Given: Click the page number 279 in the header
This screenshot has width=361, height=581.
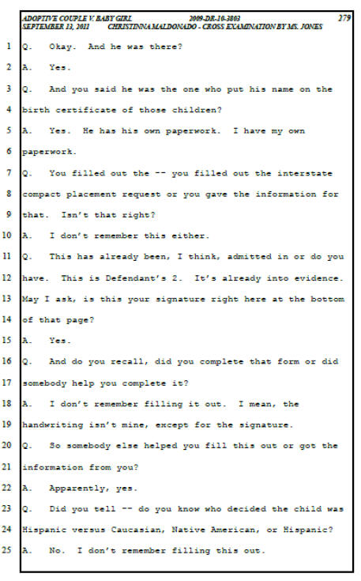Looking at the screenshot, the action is pos(344,18).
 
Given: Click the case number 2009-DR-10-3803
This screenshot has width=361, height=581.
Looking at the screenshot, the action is pos(214,18).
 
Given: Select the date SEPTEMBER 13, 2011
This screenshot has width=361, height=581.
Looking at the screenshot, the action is pos(55,27).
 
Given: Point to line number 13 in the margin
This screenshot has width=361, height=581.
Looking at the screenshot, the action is pos(7,299).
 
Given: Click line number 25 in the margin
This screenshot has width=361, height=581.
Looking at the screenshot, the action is pos(7,550).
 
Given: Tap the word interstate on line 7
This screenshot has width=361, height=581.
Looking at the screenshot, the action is pos(305,173).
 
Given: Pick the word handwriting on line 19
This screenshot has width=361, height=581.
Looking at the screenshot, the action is pos(53,425).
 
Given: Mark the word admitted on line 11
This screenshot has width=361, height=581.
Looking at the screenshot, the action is pos(249,257).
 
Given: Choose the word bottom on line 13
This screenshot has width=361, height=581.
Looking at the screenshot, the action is pos(327,299).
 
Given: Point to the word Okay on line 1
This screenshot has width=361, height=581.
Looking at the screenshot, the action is pos(62,47).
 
